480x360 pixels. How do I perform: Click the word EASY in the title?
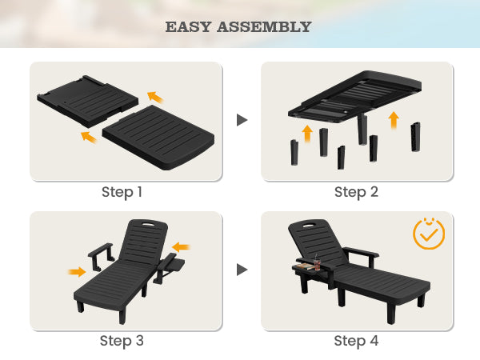189,27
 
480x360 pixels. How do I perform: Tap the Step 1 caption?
122,192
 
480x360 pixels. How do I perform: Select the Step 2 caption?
357,192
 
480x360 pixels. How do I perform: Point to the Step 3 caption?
122,341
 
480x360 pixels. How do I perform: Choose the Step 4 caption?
357,341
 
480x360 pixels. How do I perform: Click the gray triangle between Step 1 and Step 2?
242,120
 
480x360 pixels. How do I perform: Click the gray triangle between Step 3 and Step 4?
242,270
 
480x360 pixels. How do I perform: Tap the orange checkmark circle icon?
429,233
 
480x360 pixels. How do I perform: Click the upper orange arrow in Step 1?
155,97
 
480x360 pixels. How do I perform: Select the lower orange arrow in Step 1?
88,138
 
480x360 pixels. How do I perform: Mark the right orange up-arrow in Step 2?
393,121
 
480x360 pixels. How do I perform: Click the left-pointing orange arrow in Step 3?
182,246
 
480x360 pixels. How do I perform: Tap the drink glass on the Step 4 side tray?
317,261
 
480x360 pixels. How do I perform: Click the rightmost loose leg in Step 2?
414,137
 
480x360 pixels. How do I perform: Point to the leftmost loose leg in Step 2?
294,151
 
